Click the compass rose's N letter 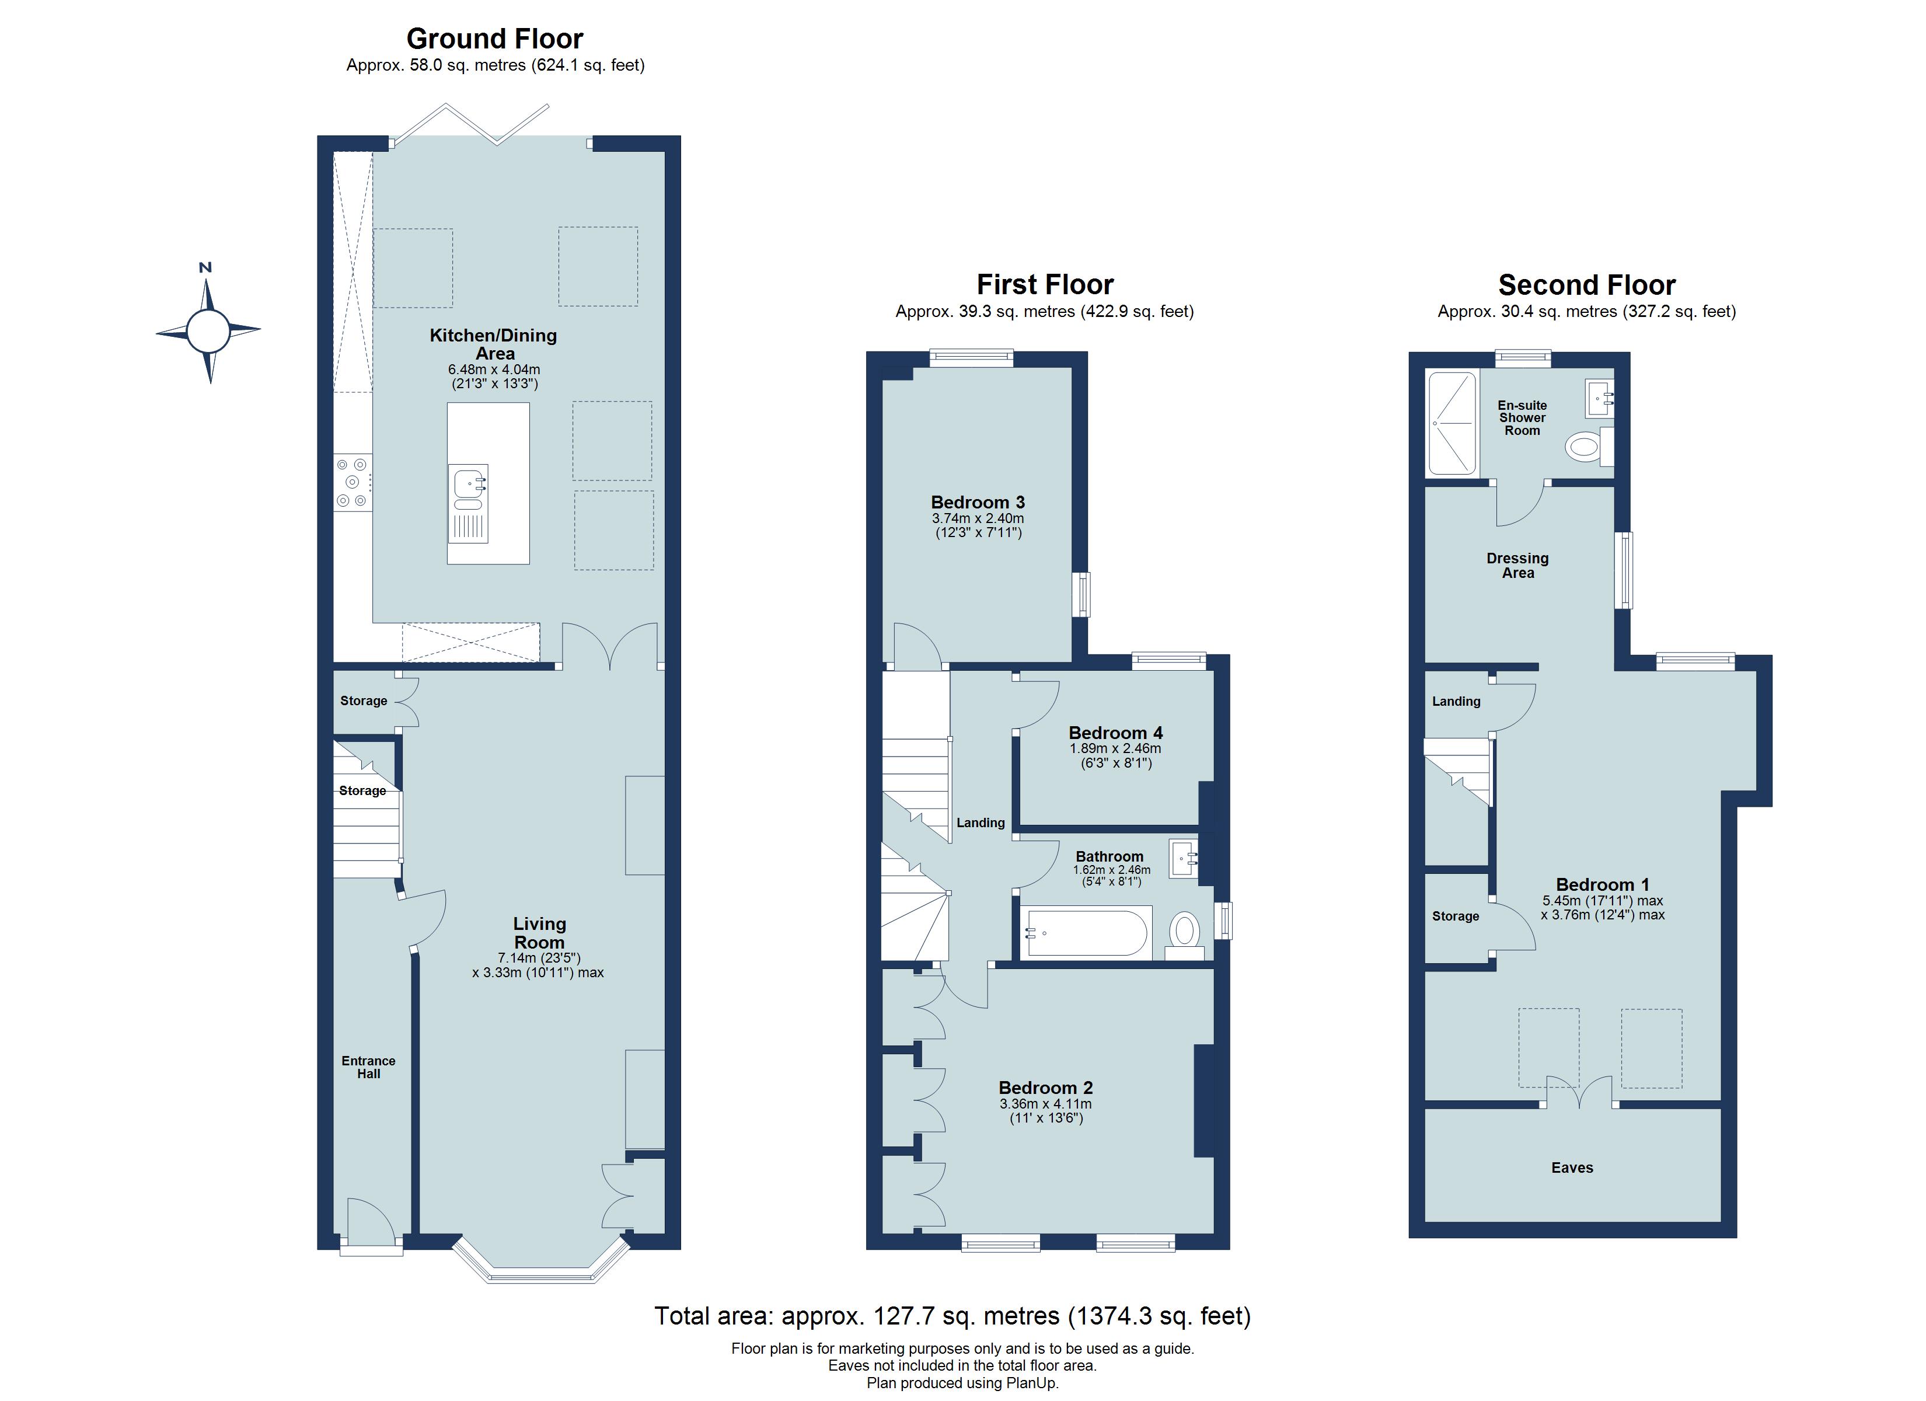point(205,267)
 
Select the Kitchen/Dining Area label point(493,344)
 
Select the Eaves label point(1572,1167)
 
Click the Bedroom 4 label point(1115,733)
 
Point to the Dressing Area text point(1517,565)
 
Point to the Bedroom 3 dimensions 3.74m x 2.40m point(978,518)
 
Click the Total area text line point(952,1316)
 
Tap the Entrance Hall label point(368,1067)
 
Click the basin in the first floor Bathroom point(1183,858)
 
